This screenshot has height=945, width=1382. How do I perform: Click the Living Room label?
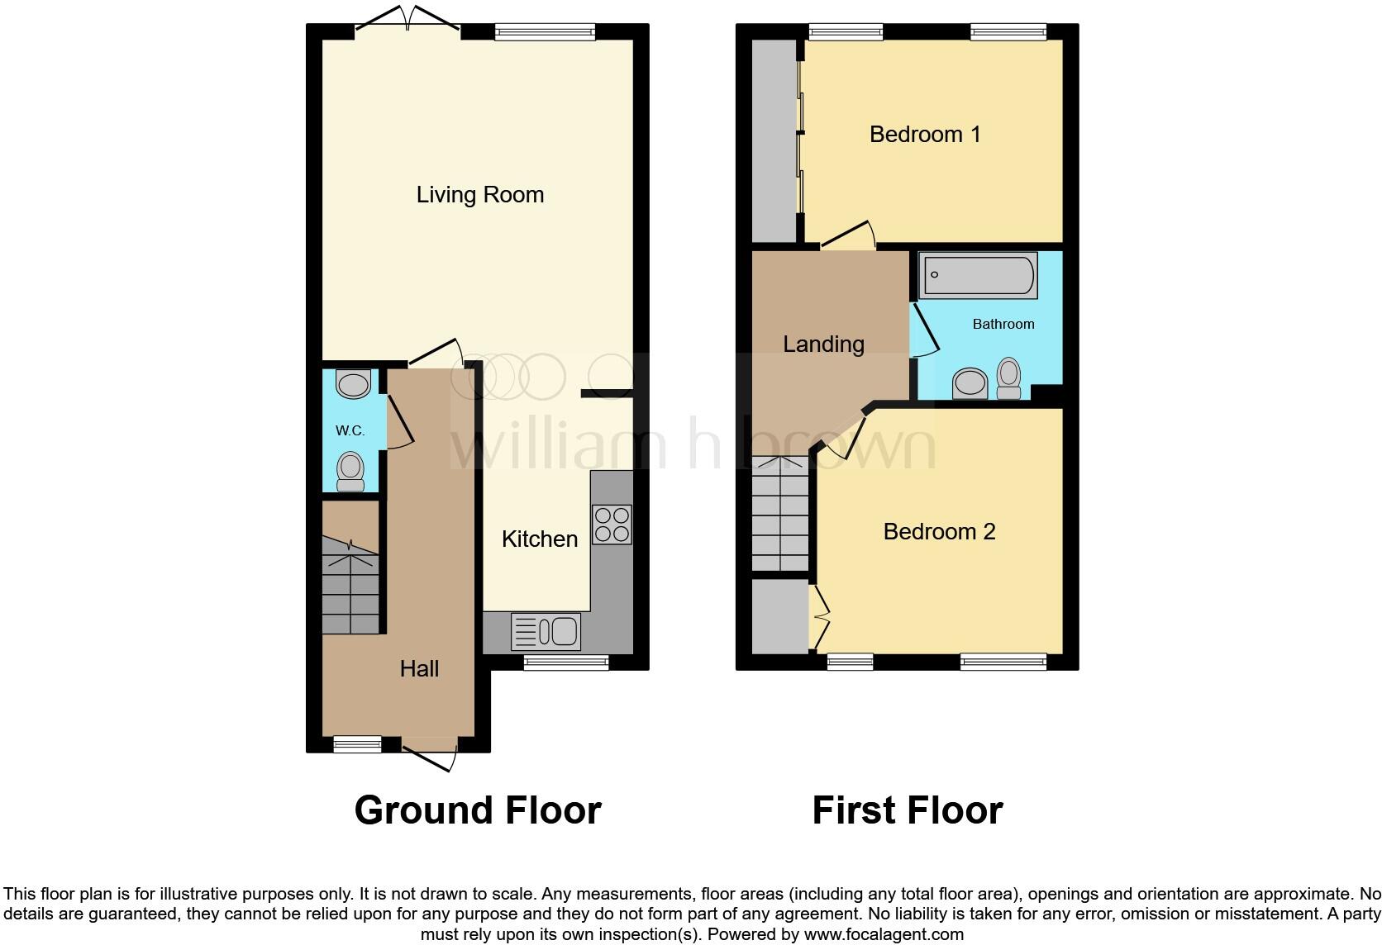[x=479, y=195]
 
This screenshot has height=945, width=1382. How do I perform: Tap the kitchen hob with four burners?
[x=612, y=525]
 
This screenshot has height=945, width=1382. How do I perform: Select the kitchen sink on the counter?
[x=546, y=632]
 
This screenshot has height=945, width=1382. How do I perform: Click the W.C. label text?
[x=350, y=431]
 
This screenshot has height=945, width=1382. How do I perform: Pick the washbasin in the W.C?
[x=354, y=384]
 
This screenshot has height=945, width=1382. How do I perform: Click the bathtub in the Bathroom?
[x=979, y=276]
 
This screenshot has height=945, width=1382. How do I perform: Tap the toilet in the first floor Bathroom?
[x=1008, y=378]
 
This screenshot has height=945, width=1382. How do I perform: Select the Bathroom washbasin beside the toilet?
[x=970, y=384]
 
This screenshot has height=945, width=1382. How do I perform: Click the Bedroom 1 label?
[x=925, y=135]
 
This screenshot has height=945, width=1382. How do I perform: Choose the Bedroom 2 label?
[x=939, y=532]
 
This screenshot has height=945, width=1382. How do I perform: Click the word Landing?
[x=823, y=344]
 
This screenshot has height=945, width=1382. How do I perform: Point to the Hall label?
[x=419, y=669]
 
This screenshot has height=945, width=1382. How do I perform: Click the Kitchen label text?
[x=540, y=539]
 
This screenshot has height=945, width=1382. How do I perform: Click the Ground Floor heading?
[x=478, y=810]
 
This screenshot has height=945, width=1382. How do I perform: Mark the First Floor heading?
[x=907, y=810]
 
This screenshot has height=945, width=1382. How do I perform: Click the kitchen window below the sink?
[x=566, y=662]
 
